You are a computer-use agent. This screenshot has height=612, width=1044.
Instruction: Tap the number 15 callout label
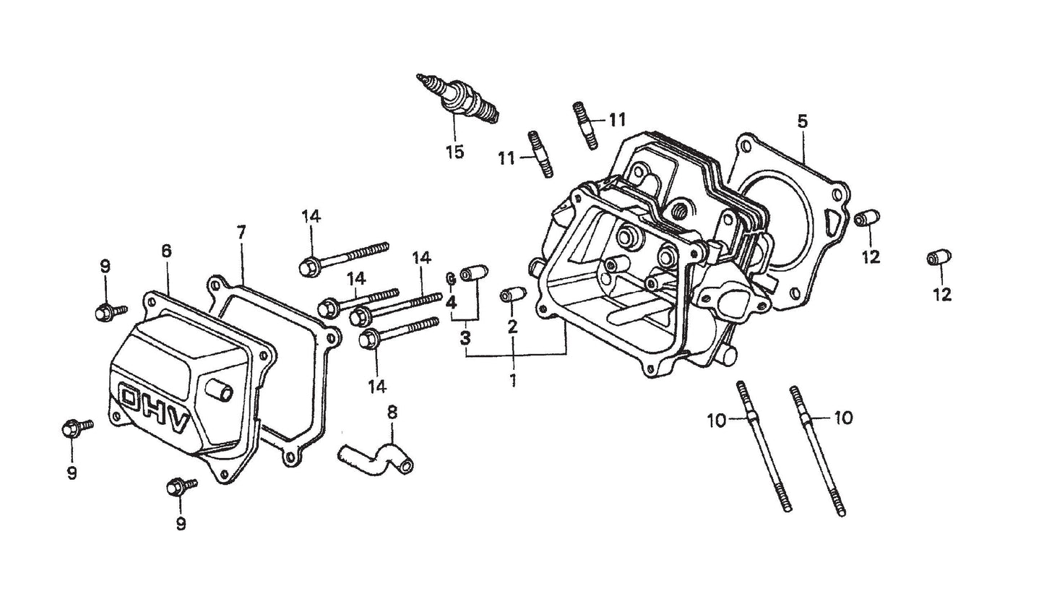point(454,153)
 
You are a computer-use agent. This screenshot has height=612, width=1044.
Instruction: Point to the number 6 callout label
point(166,251)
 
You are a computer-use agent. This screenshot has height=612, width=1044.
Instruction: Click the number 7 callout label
point(241,232)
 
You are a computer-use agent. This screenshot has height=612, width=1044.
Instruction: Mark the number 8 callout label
point(392,413)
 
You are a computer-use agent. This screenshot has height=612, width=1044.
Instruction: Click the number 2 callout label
point(512,326)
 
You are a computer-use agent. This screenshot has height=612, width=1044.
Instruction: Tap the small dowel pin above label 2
point(512,297)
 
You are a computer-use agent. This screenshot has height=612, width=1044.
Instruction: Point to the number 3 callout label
point(465,337)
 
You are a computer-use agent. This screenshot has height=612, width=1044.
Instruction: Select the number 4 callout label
point(451,302)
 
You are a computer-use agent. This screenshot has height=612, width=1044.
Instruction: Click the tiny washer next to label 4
point(450,278)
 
